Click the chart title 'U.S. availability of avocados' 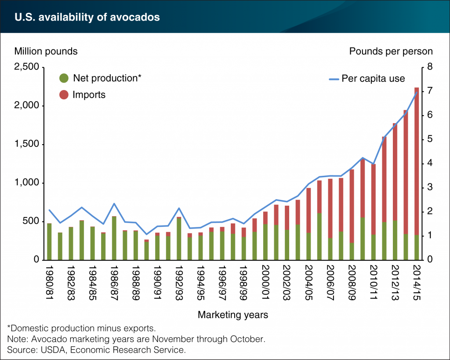[x=87, y=17]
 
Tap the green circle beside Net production [x=64, y=78]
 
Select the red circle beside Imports [x=64, y=95]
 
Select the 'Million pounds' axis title [x=46, y=51]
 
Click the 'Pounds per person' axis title [x=391, y=51]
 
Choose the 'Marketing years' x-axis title [x=232, y=315]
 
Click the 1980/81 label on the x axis [x=50, y=281]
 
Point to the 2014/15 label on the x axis [x=416, y=281]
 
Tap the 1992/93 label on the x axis [x=179, y=281]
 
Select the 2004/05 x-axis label [x=308, y=281]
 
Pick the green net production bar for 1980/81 [x=50, y=242]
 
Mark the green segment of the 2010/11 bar [x=373, y=247]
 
